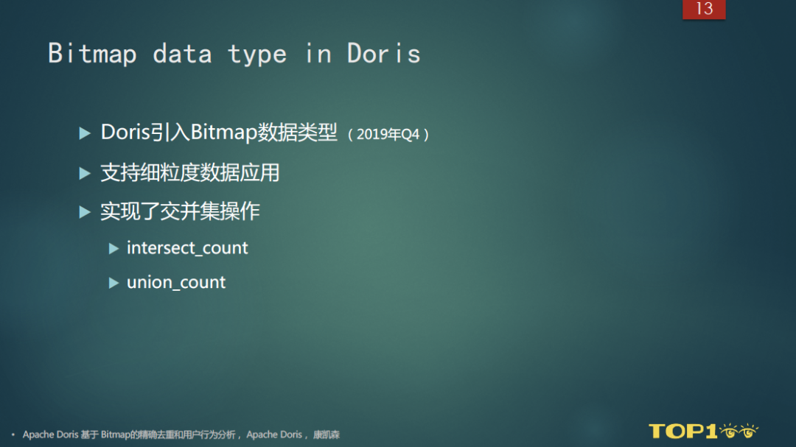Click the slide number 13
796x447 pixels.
(x=704, y=9)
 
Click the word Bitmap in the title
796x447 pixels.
(x=92, y=54)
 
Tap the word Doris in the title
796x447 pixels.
(x=384, y=54)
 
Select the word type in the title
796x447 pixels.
(x=256, y=54)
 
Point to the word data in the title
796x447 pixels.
(x=182, y=54)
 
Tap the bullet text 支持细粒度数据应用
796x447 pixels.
(x=190, y=173)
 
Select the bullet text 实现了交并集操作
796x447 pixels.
(x=180, y=212)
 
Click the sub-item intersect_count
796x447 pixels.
(x=187, y=248)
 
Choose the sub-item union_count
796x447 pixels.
(x=176, y=283)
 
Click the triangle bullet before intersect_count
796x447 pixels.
(x=114, y=249)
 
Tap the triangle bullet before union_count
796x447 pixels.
(x=114, y=283)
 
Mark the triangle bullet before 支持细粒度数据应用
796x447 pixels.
(x=85, y=173)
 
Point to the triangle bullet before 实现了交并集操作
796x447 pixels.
(x=85, y=212)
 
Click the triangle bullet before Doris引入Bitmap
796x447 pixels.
(x=85, y=133)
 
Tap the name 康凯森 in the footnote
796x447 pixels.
(x=326, y=435)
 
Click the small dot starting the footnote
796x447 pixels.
(x=13, y=435)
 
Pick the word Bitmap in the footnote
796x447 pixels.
(x=115, y=435)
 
